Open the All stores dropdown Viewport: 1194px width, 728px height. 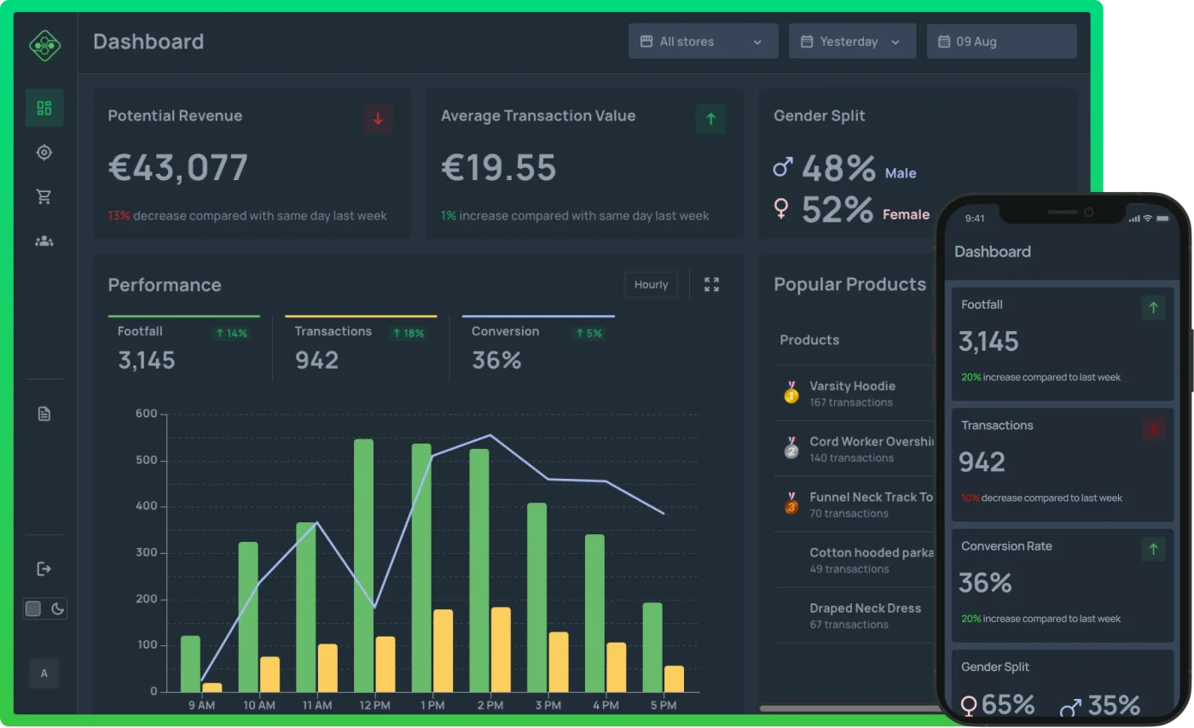[x=703, y=41]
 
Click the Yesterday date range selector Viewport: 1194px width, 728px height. [x=852, y=41]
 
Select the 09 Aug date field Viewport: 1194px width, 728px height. [x=1001, y=41]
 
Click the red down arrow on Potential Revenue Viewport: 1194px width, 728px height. [x=378, y=119]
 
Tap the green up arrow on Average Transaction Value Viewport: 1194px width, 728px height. [x=710, y=119]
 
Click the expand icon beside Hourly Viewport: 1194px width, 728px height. [x=711, y=284]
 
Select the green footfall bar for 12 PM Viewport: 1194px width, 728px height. [x=364, y=565]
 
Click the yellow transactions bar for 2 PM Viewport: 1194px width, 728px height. [x=501, y=649]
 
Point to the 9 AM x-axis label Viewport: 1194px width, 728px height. [x=201, y=706]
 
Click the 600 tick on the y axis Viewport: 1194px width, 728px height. [x=147, y=414]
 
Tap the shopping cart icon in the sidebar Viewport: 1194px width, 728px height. [x=44, y=196]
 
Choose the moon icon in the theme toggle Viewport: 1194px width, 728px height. [x=57, y=609]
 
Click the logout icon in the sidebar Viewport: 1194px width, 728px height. [x=44, y=568]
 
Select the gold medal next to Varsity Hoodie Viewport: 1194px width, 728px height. [x=791, y=393]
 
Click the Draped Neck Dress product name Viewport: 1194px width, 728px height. [x=865, y=608]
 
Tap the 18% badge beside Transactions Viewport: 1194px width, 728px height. [x=408, y=333]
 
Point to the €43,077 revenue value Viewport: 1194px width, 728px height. [x=178, y=168]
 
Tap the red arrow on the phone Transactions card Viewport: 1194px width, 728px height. [x=1153, y=428]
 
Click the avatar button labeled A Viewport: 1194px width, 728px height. [x=44, y=673]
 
